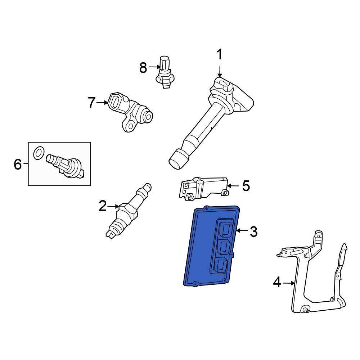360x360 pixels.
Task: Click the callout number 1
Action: coord(220,54)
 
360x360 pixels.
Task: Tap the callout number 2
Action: coord(103,206)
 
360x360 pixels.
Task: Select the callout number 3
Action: coord(253,231)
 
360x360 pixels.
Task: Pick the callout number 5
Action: coord(246,186)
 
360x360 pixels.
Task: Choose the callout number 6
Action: coord(18,164)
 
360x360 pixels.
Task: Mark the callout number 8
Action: coord(143,68)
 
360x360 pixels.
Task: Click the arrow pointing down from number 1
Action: coord(220,71)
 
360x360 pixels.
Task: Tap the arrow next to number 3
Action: coord(242,230)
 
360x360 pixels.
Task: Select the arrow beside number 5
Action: coord(233,185)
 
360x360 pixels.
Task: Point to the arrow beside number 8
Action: coord(155,67)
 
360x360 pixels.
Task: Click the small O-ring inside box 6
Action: coord(39,153)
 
